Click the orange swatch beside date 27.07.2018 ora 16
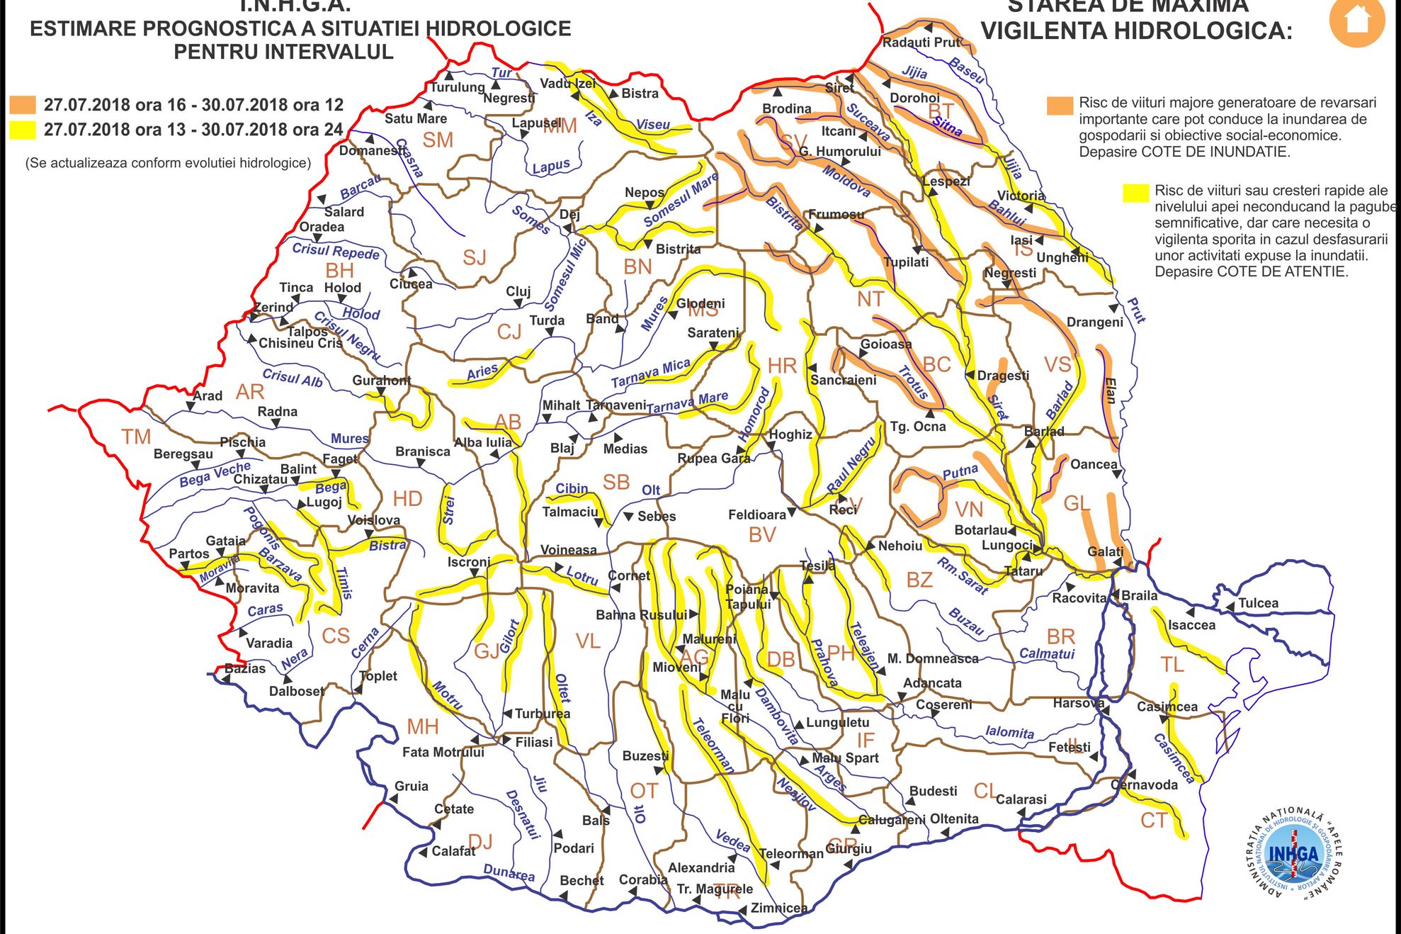click(22, 105)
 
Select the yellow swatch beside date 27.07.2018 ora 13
click(22, 130)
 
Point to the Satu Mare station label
click(416, 118)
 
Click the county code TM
click(136, 437)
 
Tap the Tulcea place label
click(1258, 603)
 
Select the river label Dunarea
click(509, 872)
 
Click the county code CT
click(1153, 821)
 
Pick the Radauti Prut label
click(921, 42)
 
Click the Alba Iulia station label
click(483, 442)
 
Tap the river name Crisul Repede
click(336, 251)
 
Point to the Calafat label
click(453, 851)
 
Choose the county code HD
click(407, 498)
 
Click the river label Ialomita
click(1009, 732)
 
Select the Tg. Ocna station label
click(918, 427)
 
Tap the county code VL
click(588, 641)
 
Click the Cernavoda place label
click(1144, 784)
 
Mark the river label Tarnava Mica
click(650, 373)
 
